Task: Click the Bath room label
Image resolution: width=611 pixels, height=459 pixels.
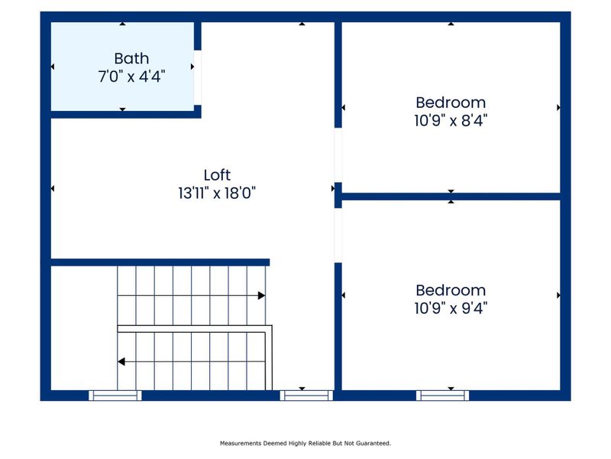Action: (x=131, y=58)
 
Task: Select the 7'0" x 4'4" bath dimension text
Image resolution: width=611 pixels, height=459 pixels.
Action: (x=131, y=76)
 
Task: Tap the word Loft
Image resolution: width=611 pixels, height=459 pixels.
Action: (x=217, y=175)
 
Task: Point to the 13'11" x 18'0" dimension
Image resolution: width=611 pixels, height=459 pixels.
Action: (x=217, y=194)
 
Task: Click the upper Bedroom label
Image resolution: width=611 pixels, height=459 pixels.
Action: (x=451, y=102)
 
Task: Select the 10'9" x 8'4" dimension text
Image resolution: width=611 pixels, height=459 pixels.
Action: (x=451, y=120)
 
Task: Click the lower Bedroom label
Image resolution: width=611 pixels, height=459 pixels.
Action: (x=451, y=290)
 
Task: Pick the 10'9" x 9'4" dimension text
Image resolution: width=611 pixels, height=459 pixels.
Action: (x=451, y=308)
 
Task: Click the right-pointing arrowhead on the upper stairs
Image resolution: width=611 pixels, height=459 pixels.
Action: (x=261, y=295)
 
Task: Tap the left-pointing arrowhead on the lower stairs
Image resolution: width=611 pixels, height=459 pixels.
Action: (x=121, y=361)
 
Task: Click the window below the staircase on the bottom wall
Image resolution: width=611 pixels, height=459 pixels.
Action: (x=115, y=396)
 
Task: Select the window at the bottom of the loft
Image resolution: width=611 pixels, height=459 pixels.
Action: (x=306, y=396)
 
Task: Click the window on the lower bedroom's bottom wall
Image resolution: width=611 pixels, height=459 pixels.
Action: (x=443, y=396)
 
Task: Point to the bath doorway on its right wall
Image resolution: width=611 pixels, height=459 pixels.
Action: (x=198, y=76)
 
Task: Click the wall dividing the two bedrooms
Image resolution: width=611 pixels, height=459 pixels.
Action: (x=451, y=197)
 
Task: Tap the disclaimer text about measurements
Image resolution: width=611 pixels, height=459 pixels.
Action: (x=305, y=443)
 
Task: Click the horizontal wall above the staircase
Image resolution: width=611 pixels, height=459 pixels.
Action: (x=160, y=262)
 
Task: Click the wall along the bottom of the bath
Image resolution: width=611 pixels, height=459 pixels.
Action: (x=122, y=113)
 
